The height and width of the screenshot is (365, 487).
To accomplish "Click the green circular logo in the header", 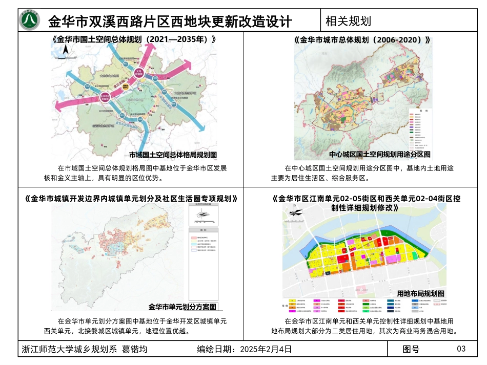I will (x=29, y=20).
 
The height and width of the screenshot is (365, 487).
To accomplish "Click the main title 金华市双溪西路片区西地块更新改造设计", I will (x=170, y=22).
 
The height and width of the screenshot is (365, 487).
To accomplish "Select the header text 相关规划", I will (x=349, y=21).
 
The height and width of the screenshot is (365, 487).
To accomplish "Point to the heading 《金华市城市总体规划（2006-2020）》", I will (x=362, y=39).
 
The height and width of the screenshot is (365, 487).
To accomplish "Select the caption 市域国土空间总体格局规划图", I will (x=173, y=155).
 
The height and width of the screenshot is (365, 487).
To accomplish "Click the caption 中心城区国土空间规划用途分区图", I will (x=379, y=155).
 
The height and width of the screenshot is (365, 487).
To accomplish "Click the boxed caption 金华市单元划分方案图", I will (x=182, y=307).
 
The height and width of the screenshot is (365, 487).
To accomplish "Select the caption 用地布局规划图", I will (x=420, y=293).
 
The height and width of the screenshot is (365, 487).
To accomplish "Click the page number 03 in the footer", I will (x=461, y=349).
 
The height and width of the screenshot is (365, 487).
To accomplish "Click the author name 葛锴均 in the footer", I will (x=134, y=350).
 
